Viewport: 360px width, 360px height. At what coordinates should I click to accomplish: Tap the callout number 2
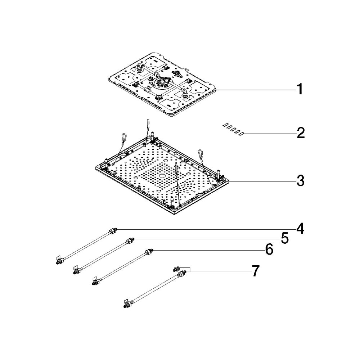pos(300,133)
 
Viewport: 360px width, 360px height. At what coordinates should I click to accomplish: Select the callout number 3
pos(300,181)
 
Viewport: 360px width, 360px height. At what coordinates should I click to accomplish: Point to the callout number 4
pos(300,229)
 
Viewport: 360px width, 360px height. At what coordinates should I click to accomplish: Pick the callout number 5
pos(285,238)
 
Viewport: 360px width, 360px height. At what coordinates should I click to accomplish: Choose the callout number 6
pos(270,249)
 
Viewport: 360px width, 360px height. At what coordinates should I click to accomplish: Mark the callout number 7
pos(256,271)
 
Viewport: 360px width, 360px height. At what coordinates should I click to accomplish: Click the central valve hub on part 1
pos(163,81)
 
